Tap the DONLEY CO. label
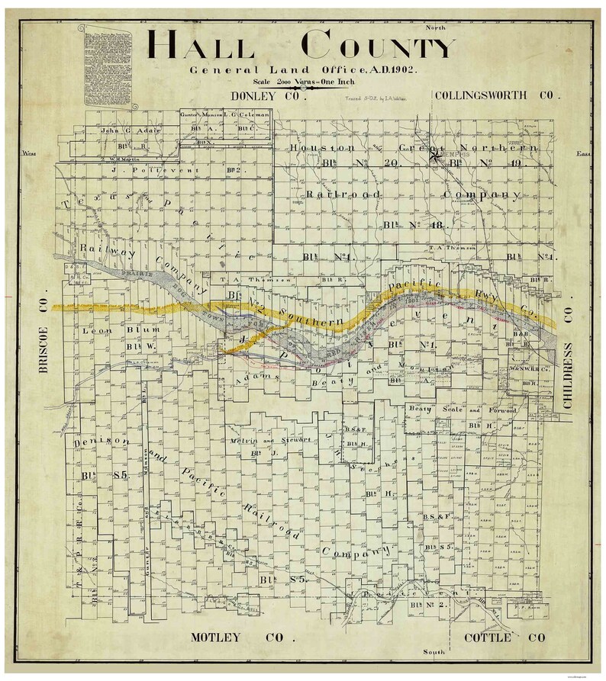pos(267,98)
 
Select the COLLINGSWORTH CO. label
pos(497,96)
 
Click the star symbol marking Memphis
pos(436,157)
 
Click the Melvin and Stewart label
pos(264,441)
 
